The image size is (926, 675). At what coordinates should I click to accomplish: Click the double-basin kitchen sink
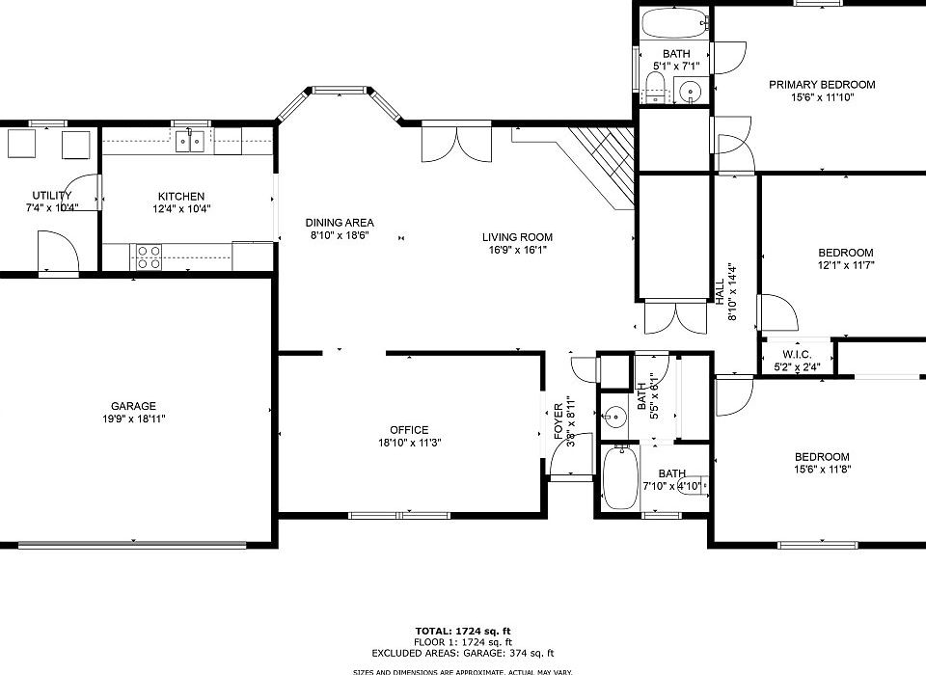tap(189, 143)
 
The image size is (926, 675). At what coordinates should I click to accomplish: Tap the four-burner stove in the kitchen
tap(149, 256)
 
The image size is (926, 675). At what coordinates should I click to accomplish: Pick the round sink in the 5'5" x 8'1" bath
tap(614, 418)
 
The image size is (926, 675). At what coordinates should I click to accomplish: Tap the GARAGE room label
tap(132, 406)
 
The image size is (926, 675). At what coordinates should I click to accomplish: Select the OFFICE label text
tap(409, 430)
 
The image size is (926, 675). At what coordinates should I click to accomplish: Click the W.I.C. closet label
tap(797, 354)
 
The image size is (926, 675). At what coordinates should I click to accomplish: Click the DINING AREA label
tap(340, 222)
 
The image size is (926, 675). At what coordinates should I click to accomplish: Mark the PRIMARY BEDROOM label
tap(822, 85)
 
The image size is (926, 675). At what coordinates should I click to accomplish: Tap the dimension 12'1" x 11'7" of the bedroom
tap(846, 266)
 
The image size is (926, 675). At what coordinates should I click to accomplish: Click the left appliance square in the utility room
tap(22, 145)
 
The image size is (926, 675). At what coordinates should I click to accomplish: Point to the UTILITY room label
tap(51, 196)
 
